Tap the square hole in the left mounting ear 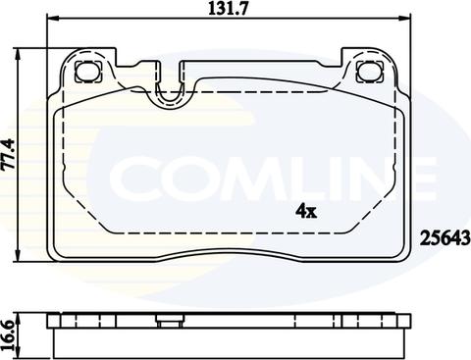point(85,72)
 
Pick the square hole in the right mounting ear point(370,72)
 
